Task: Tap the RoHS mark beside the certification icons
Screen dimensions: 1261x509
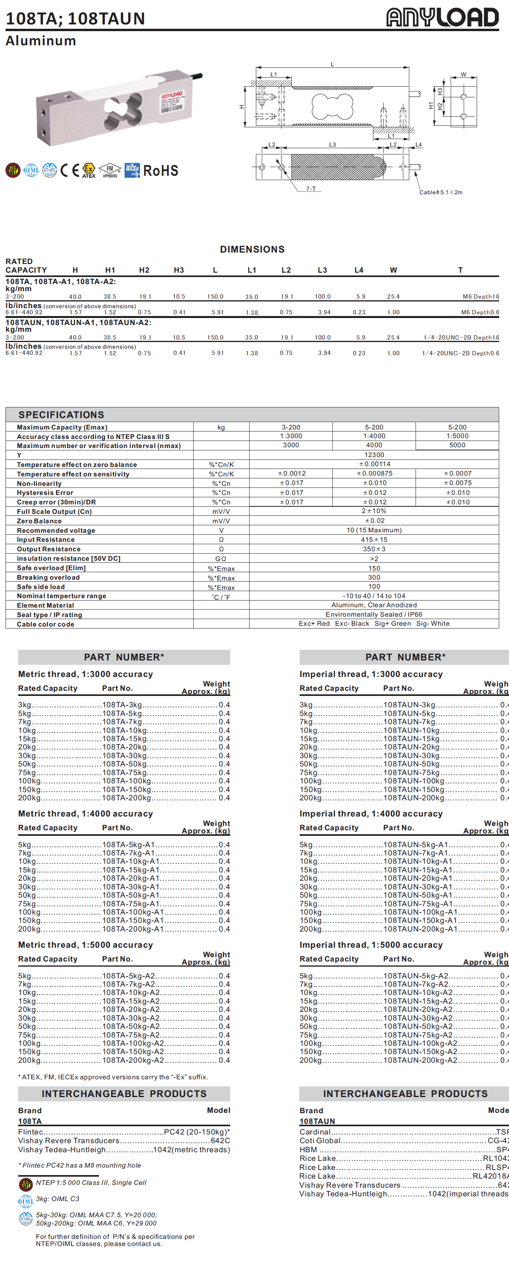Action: [161, 171]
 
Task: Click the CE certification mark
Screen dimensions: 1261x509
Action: [69, 170]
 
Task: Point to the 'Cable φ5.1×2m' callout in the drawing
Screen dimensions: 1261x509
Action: [440, 192]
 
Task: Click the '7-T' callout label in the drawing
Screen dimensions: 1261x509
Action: [311, 188]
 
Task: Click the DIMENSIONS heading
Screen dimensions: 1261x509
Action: [252, 249]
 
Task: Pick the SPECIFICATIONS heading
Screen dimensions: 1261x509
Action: [61, 415]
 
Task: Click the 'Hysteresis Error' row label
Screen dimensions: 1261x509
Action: [45, 493]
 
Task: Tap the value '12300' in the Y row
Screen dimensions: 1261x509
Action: [374, 455]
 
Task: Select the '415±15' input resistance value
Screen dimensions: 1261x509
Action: [374, 539]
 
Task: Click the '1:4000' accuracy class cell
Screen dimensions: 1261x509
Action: [374, 436]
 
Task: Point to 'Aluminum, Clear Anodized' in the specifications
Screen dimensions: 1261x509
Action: [374, 605]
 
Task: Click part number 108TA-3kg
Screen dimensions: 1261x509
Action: [122, 705]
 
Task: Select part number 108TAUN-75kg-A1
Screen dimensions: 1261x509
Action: [418, 904]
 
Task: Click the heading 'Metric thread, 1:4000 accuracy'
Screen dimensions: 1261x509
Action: [85, 814]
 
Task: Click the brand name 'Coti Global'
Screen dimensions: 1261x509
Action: [320, 1140]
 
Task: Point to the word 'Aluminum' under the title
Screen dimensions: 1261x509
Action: [41, 41]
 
